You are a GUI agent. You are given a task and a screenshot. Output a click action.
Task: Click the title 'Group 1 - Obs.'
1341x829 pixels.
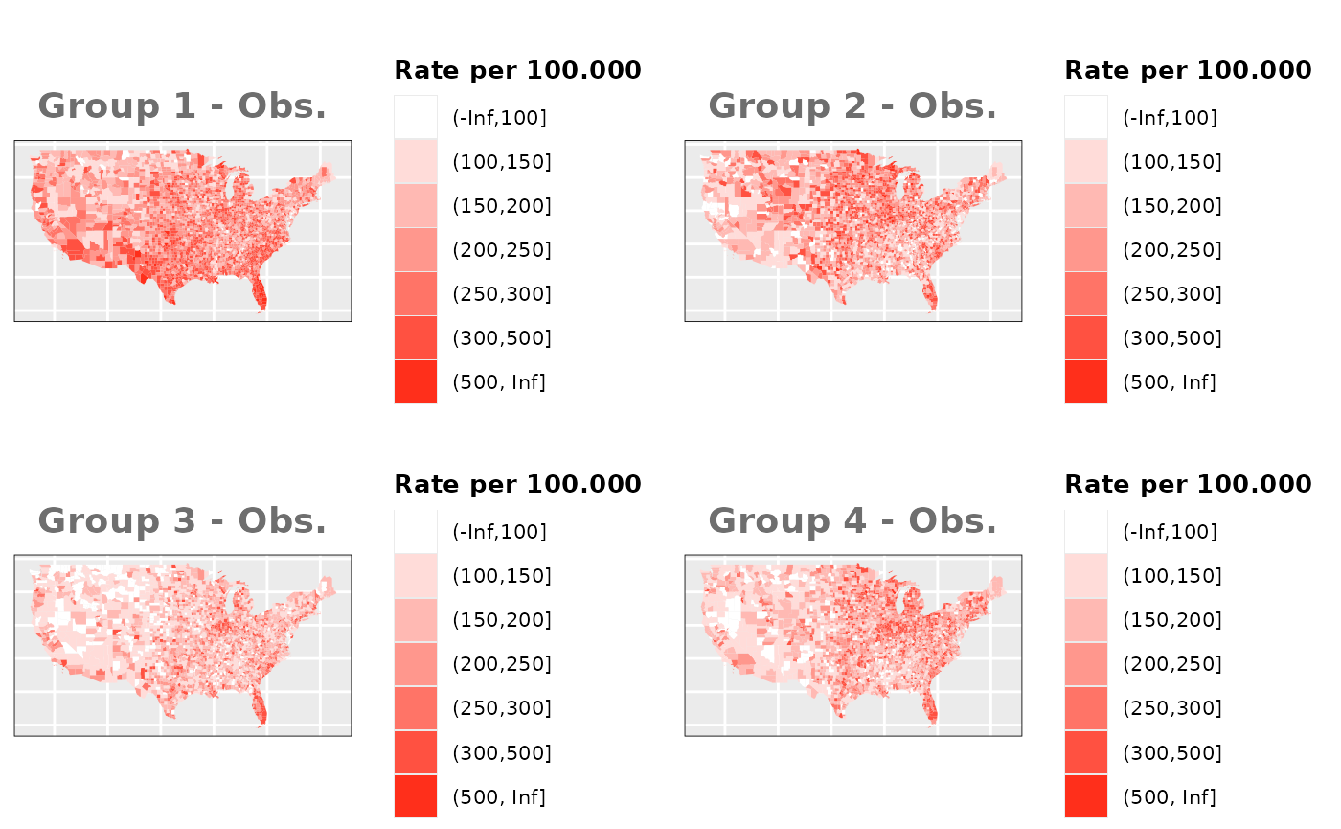pos(182,106)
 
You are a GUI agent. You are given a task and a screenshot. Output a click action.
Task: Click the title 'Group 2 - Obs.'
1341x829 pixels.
pos(852,106)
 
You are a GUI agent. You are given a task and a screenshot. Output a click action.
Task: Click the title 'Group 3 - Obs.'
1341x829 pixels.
pos(182,520)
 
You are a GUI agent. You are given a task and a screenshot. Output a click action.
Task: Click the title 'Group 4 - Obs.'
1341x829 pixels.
pos(852,520)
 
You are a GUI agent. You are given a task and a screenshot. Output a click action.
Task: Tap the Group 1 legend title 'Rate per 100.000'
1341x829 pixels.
pos(517,70)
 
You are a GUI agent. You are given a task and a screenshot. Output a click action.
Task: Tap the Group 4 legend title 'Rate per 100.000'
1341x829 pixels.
pos(1188,484)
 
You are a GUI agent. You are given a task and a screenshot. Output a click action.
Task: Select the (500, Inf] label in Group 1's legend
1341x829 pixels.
pos(498,382)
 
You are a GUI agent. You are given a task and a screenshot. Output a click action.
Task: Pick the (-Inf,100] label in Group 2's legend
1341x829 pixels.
pos(1170,118)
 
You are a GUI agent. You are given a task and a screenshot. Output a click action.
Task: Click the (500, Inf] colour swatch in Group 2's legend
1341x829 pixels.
pos(1085,382)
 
